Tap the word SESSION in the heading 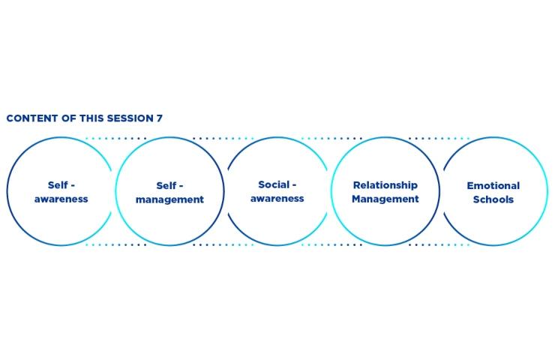[x=130, y=118]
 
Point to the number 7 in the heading [x=159, y=118]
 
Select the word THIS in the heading [x=91, y=118]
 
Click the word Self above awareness [x=58, y=185]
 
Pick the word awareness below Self [x=61, y=199]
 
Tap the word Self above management [x=166, y=185]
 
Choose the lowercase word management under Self [x=170, y=199]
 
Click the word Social [x=274, y=184]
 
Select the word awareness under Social [x=277, y=199]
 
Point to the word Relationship [x=385, y=185]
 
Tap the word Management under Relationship [x=385, y=199]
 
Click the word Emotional [x=493, y=185]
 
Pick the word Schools [x=493, y=199]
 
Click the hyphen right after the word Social [x=294, y=185]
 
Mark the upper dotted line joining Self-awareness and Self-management [x=115, y=139]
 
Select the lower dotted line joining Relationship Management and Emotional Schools [x=439, y=244]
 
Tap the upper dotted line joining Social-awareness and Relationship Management [x=331, y=139]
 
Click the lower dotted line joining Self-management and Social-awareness [x=223, y=244]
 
